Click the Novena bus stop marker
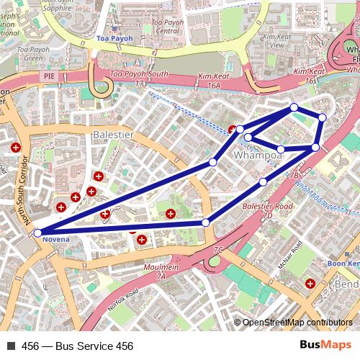(x=37, y=233)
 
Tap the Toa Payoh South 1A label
(x=138, y=78)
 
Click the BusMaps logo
(x=326, y=346)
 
